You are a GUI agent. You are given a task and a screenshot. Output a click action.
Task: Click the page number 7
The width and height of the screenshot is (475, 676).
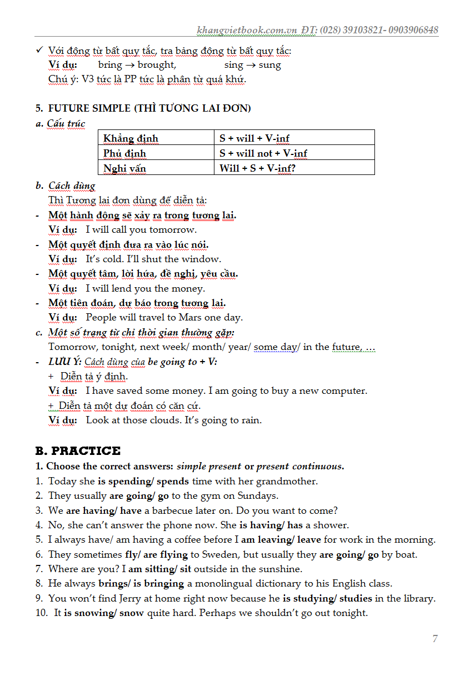435,639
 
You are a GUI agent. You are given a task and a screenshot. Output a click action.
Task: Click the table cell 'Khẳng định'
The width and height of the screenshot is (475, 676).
131,138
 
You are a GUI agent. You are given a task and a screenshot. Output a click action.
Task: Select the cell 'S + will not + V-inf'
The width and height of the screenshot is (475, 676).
263,153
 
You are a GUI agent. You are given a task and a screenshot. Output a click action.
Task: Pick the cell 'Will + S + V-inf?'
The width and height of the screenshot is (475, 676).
257,168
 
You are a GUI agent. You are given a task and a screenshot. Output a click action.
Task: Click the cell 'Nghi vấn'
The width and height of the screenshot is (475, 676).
124,168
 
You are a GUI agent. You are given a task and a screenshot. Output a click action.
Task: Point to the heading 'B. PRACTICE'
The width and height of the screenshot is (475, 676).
78,450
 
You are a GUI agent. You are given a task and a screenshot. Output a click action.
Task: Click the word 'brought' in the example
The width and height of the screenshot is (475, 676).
156,65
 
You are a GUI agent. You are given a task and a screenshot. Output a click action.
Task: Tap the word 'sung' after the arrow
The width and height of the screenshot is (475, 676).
270,65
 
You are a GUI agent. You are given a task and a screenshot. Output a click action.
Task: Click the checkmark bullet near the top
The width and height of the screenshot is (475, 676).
39,51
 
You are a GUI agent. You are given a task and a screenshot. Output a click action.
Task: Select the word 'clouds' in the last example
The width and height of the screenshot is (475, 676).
164,420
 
